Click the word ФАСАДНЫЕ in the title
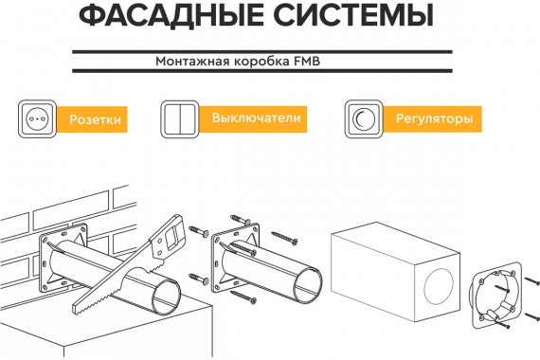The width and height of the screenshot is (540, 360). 171,15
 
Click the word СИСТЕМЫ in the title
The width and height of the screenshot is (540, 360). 354,15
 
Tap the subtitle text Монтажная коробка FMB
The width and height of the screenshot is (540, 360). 238,62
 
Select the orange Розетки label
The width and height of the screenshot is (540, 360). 92,119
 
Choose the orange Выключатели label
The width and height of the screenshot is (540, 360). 253,118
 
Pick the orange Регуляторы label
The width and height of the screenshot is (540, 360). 433,118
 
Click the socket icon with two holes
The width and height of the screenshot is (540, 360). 37,119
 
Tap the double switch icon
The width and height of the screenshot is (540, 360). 180,119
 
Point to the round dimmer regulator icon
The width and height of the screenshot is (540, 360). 364,119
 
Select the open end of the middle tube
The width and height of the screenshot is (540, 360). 308,284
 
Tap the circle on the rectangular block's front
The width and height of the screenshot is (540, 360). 439,286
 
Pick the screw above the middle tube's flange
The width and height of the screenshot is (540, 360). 240,220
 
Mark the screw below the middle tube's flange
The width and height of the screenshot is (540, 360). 243,297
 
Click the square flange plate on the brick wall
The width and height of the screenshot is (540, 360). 63,258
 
